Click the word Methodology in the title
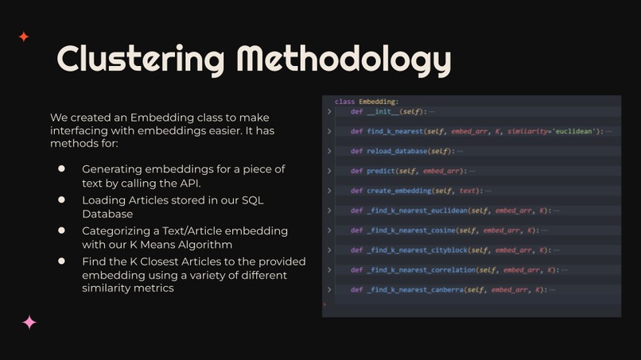point(344,58)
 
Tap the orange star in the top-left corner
point(24,37)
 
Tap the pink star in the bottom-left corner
point(29,322)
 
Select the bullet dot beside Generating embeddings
point(61,169)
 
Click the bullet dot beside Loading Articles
point(61,200)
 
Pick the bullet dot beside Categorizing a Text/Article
point(61,230)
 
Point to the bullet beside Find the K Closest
point(61,261)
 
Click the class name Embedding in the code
point(377,102)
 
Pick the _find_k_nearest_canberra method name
point(417,290)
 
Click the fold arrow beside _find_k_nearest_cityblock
point(328,250)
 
